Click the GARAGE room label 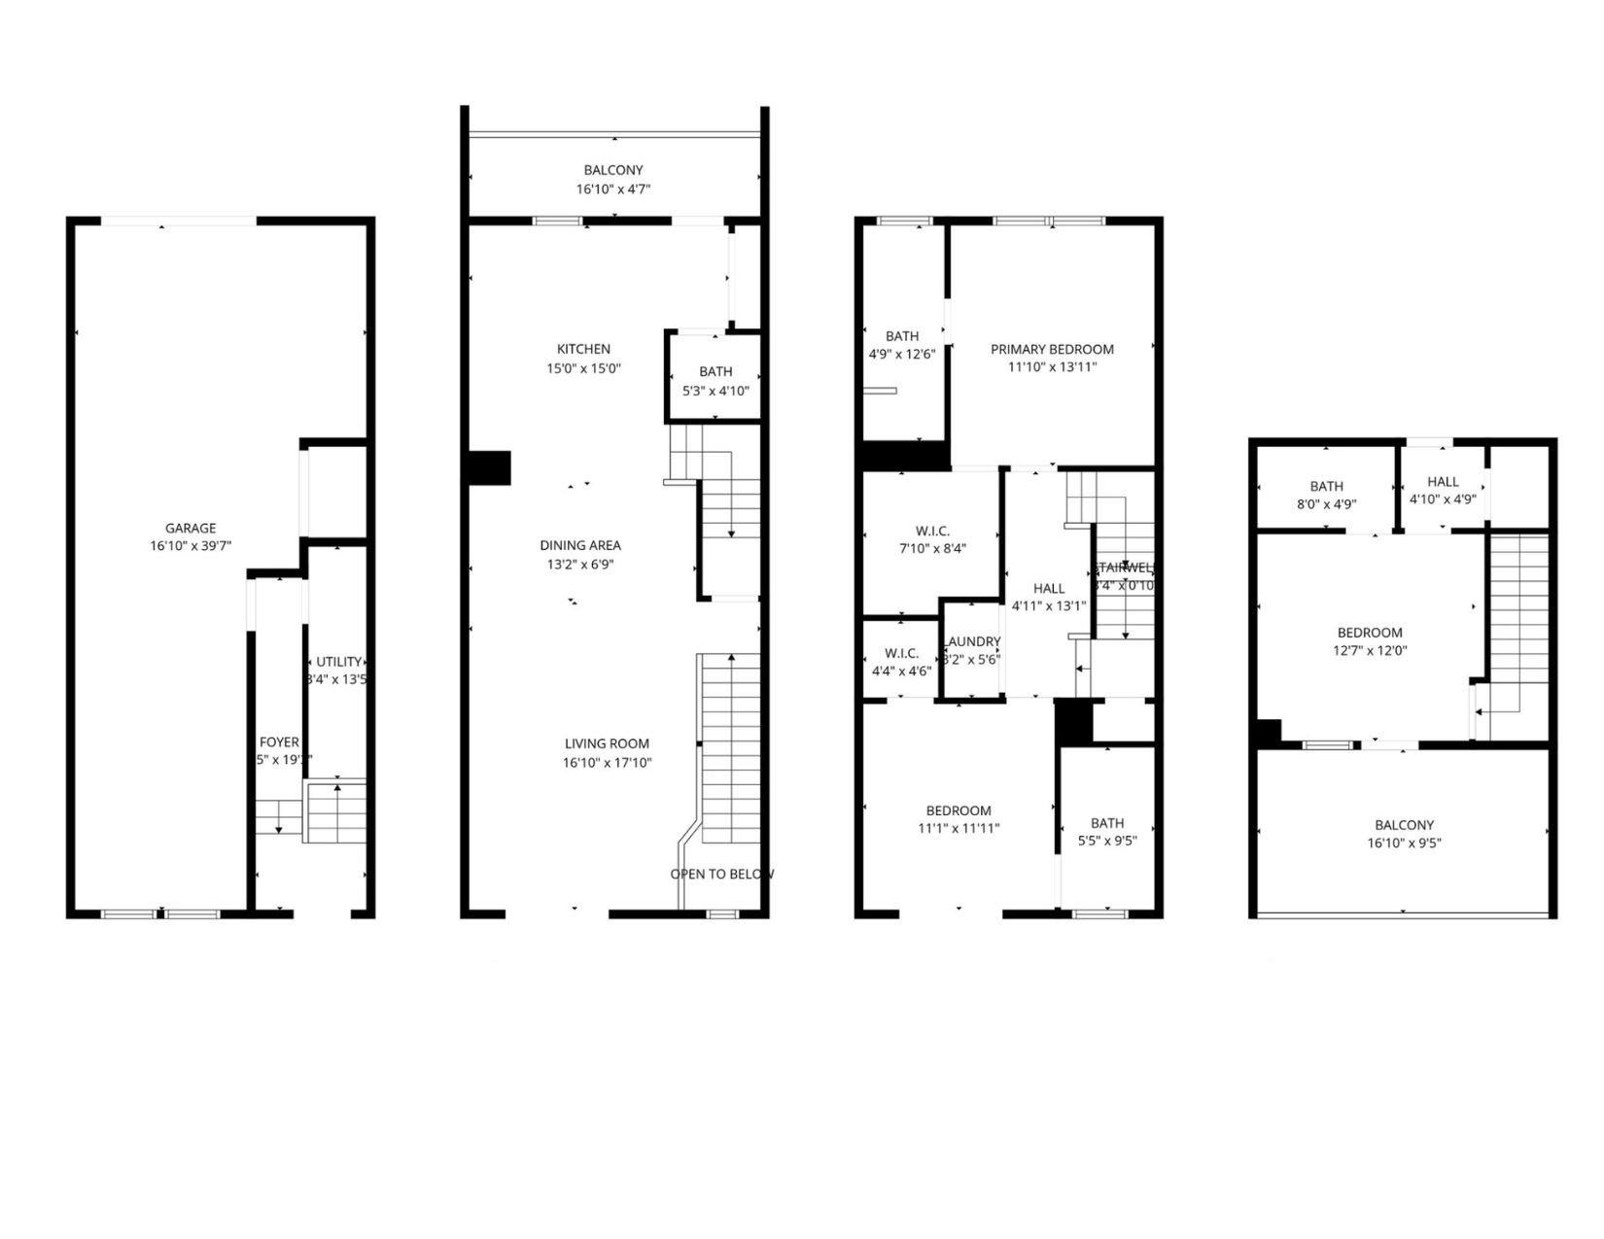pos(191,529)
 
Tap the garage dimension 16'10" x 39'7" pos(191,547)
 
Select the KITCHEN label pos(583,349)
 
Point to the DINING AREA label pos(580,545)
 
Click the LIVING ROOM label pos(608,743)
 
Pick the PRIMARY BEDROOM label pos(1052,349)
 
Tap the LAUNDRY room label pos(972,641)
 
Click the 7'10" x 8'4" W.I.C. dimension pos(931,549)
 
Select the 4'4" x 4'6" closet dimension pos(901,671)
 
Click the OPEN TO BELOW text pos(721,874)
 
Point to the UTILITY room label pos(338,662)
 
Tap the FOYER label pos(279,742)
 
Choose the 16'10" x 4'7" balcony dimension pos(613,189)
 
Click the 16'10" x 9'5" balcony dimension pos(1404,843)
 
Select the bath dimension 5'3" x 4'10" pos(715,391)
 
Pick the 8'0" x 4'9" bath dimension pos(1326,504)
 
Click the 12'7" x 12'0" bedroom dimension pos(1371,651)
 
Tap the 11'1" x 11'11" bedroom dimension pos(959,829)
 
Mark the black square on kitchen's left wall pos(489,467)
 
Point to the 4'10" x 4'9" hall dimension pos(1443,499)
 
